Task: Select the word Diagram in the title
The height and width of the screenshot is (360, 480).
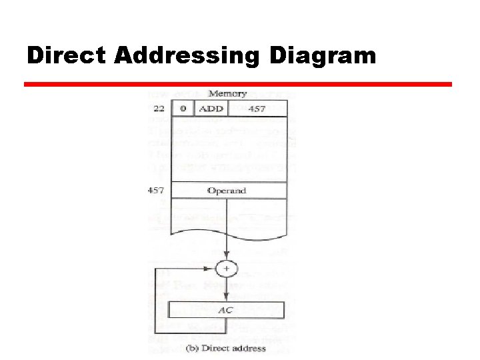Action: point(323,55)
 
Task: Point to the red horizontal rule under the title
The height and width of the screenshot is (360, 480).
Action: point(238,85)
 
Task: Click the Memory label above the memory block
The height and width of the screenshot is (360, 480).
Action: point(227,94)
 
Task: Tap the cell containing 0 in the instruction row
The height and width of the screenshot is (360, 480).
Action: point(183,108)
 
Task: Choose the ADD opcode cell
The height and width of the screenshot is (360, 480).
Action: point(211,108)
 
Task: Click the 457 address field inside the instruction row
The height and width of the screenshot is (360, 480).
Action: point(257,108)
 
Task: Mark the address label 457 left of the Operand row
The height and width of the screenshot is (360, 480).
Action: point(157,191)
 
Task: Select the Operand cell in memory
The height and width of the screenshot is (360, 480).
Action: point(227,191)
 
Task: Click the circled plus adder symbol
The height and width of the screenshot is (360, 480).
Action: point(227,269)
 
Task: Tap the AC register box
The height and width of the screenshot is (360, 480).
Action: point(227,310)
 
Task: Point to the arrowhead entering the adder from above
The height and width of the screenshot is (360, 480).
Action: point(227,258)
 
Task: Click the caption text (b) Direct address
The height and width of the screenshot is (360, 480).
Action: point(227,348)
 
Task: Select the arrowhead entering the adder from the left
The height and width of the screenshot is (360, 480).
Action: point(213,269)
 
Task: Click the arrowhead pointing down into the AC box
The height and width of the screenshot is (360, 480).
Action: point(227,298)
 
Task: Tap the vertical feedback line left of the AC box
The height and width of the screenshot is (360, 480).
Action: point(155,300)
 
